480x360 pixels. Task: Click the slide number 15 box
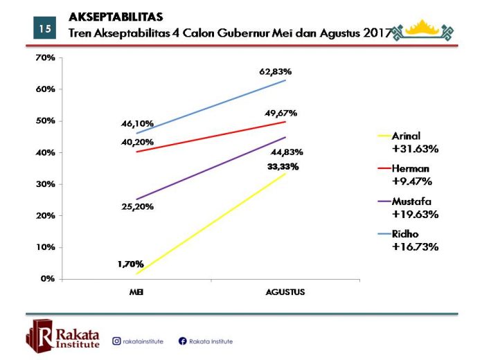(x=44, y=28)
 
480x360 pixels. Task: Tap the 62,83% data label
(x=276, y=72)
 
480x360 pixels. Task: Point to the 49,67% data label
(x=281, y=112)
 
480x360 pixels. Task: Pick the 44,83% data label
(x=287, y=152)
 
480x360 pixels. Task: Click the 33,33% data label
(x=283, y=167)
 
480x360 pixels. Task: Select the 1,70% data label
(x=130, y=264)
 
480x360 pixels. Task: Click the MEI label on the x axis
(x=136, y=292)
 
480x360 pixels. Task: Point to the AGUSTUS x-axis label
(x=285, y=292)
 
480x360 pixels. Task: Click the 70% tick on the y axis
(x=45, y=58)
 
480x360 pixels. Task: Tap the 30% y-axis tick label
(x=45, y=184)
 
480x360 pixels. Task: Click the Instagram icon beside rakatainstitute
(x=116, y=341)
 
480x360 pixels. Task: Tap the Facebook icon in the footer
(x=183, y=341)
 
